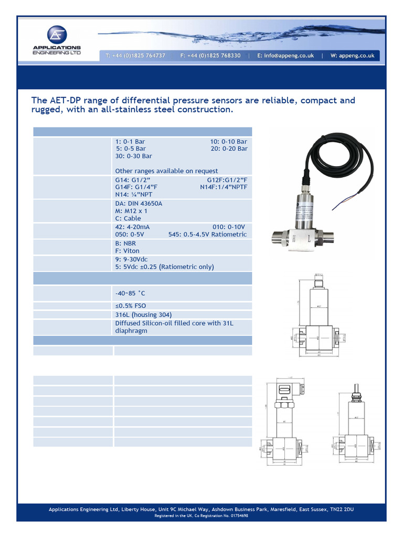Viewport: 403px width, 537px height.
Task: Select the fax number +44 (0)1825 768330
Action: (210, 56)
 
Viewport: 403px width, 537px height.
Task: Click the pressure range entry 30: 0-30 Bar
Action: (133, 156)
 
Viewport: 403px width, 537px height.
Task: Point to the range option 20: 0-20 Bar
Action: (229, 149)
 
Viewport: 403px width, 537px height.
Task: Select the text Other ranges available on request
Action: (166, 171)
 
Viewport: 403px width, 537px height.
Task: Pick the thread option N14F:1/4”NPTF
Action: (224, 187)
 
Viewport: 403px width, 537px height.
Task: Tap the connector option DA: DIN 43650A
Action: (139, 203)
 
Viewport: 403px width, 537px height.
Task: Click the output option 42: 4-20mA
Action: (132, 227)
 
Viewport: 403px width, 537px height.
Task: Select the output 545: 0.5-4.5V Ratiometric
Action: (207, 234)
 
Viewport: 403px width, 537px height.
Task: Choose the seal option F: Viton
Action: (128, 251)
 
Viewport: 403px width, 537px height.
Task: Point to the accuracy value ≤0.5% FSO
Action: (131, 306)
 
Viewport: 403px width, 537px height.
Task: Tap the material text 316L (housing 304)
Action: (143, 315)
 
